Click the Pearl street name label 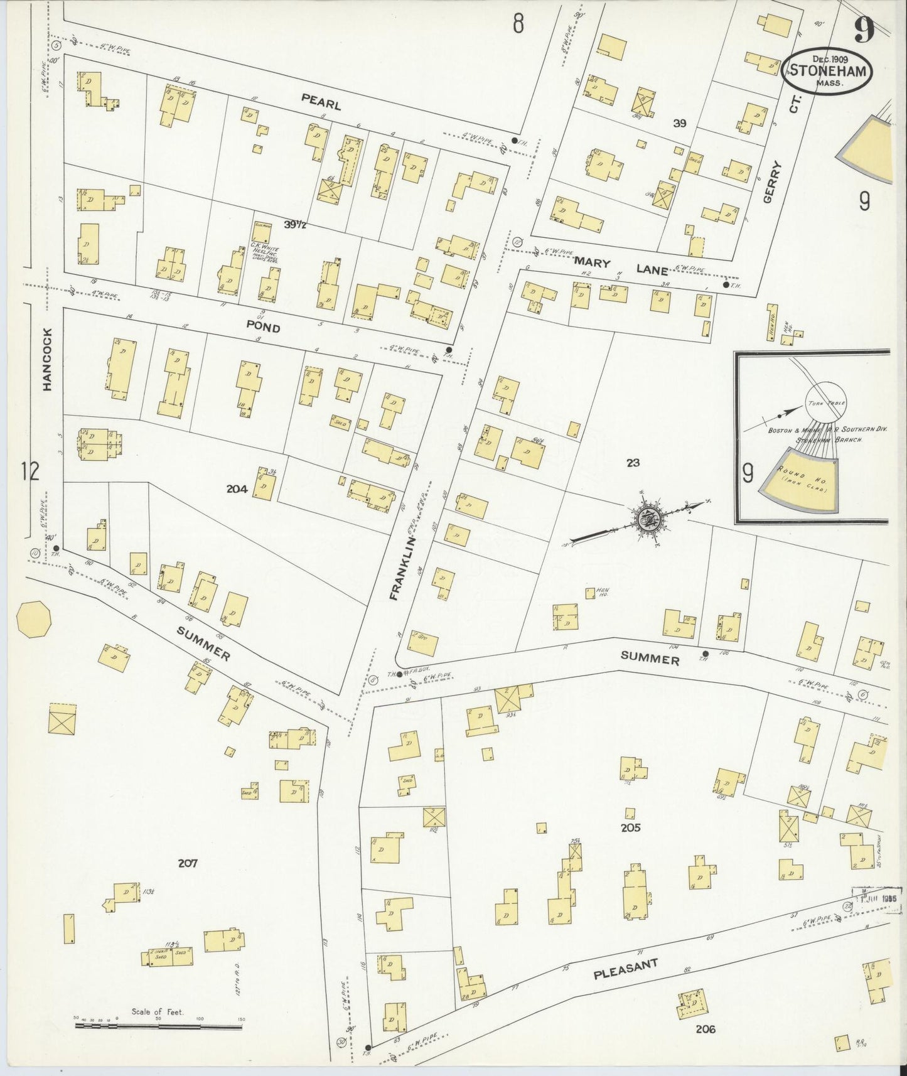pos(320,102)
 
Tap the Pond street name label pos(264,328)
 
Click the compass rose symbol pos(647,519)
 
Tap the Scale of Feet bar pos(157,1027)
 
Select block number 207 pos(187,863)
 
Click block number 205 pos(630,827)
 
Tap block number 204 pos(237,489)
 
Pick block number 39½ pos(294,225)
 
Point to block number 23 pos(633,463)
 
